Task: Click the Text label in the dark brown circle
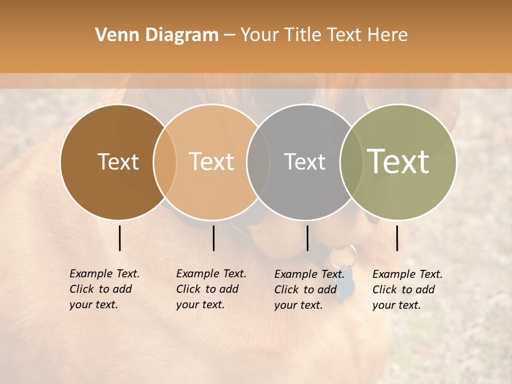(118, 162)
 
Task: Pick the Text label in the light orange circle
(212, 162)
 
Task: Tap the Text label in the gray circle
(305, 162)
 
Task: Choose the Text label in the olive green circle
(398, 162)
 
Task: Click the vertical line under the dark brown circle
(119, 238)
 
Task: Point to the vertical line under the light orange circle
(213, 238)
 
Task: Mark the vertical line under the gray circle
(307, 238)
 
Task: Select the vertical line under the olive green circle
(397, 238)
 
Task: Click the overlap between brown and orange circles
(165, 162)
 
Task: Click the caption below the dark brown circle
(105, 289)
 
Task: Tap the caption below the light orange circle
(211, 289)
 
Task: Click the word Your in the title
(260, 35)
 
